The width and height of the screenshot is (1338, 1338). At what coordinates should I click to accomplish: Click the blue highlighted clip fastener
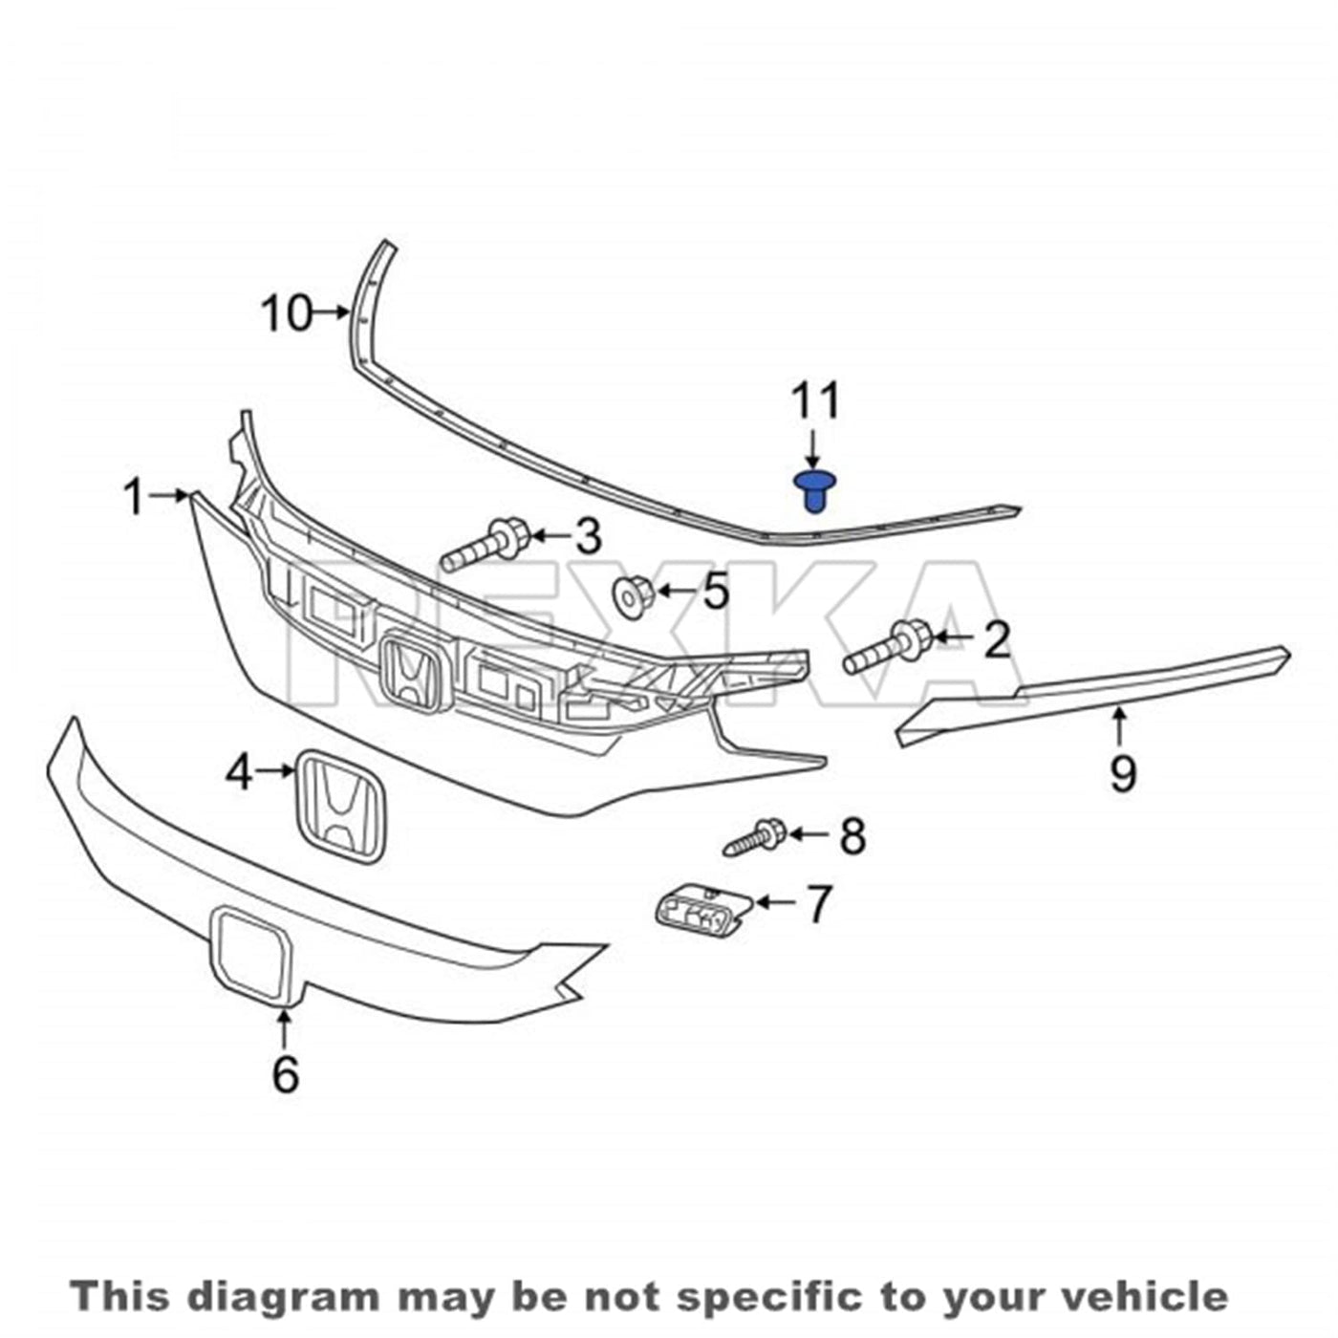pyautogui.click(x=816, y=491)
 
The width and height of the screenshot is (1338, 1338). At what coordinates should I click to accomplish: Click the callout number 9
pyautogui.click(x=1123, y=775)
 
